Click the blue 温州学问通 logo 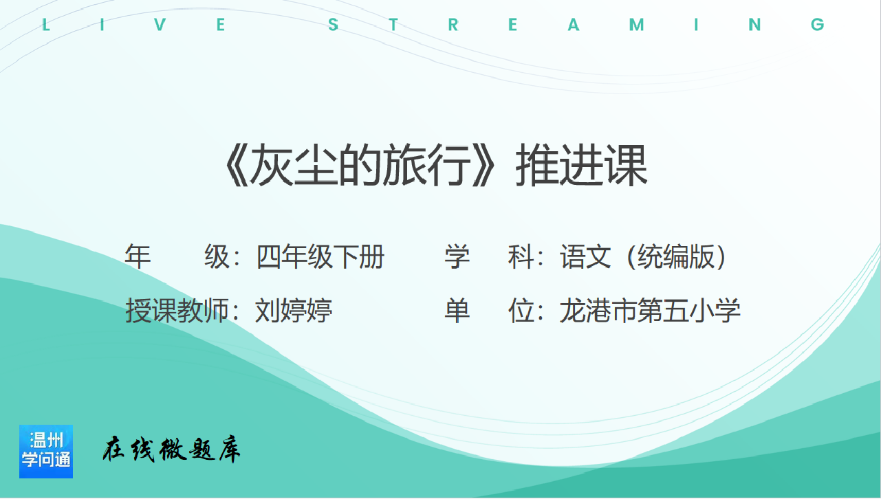tap(46, 452)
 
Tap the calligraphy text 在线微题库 tap(171, 449)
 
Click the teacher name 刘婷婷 tap(294, 311)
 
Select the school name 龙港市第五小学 tap(650, 311)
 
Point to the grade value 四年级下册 tap(320, 256)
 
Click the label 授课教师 tap(177, 311)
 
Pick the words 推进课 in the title tap(582, 164)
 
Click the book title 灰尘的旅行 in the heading tap(360, 164)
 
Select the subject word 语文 tap(585, 256)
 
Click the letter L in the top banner tap(45, 25)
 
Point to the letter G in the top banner tap(817, 25)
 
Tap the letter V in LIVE tap(160, 25)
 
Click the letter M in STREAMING tap(636, 25)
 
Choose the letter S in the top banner tap(333, 25)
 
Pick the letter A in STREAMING tap(574, 25)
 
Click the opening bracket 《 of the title tap(237, 164)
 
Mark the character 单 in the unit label tap(457, 311)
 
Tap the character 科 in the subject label tap(521, 256)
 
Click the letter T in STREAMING tap(393, 25)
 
